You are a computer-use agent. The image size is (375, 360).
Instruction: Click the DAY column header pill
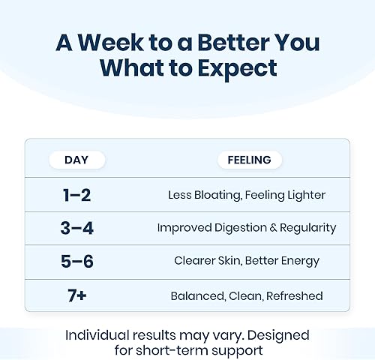(77, 160)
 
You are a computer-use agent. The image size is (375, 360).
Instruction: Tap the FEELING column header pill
(250, 160)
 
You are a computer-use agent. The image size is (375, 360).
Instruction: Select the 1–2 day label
(76, 195)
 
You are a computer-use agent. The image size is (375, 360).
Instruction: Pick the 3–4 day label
(76, 228)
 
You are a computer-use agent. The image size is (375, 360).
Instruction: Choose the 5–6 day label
(77, 262)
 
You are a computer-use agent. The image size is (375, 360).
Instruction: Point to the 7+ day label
(77, 295)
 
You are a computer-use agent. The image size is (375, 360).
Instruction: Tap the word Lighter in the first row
(306, 196)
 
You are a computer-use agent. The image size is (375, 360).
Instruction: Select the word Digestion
(241, 228)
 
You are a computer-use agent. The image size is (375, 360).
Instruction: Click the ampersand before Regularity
(273, 228)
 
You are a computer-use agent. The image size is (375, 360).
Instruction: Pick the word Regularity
(308, 228)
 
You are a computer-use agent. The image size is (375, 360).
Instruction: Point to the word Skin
(230, 261)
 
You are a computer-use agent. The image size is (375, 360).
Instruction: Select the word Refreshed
(295, 295)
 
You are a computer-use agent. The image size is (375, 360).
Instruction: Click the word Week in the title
(111, 43)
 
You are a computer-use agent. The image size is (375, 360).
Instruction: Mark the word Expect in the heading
(238, 69)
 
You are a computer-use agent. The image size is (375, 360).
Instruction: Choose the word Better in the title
(233, 43)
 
